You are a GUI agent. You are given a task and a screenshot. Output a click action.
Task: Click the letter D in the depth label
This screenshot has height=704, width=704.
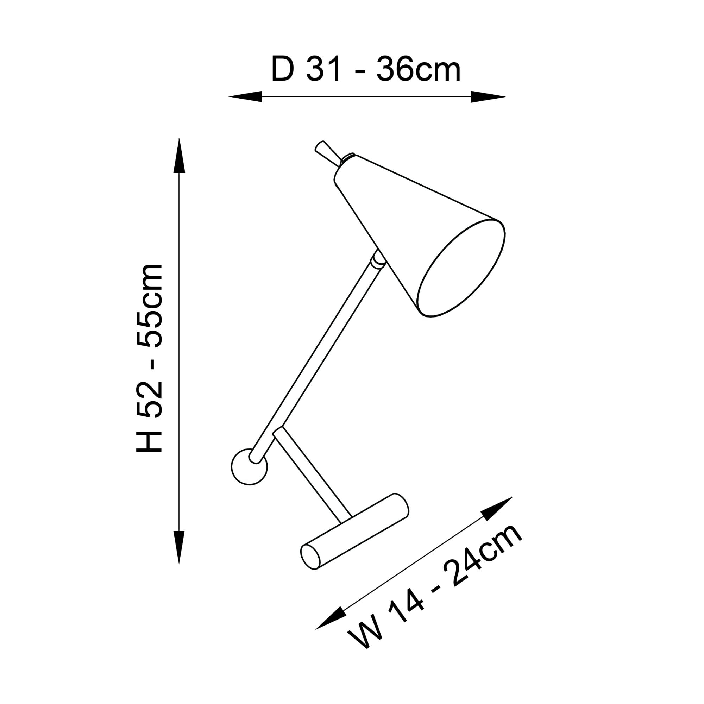point(283,69)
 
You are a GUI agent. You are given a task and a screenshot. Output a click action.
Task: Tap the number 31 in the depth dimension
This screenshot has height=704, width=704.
point(323,69)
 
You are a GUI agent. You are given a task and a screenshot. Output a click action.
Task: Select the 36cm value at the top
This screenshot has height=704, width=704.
point(419,69)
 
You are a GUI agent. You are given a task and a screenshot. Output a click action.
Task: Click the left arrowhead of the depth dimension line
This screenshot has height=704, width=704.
point(245,96)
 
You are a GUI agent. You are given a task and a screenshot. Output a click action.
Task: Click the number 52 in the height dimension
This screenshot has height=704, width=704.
point(149,400)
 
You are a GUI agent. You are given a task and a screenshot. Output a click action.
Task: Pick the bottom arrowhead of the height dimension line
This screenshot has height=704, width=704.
point(179,547)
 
